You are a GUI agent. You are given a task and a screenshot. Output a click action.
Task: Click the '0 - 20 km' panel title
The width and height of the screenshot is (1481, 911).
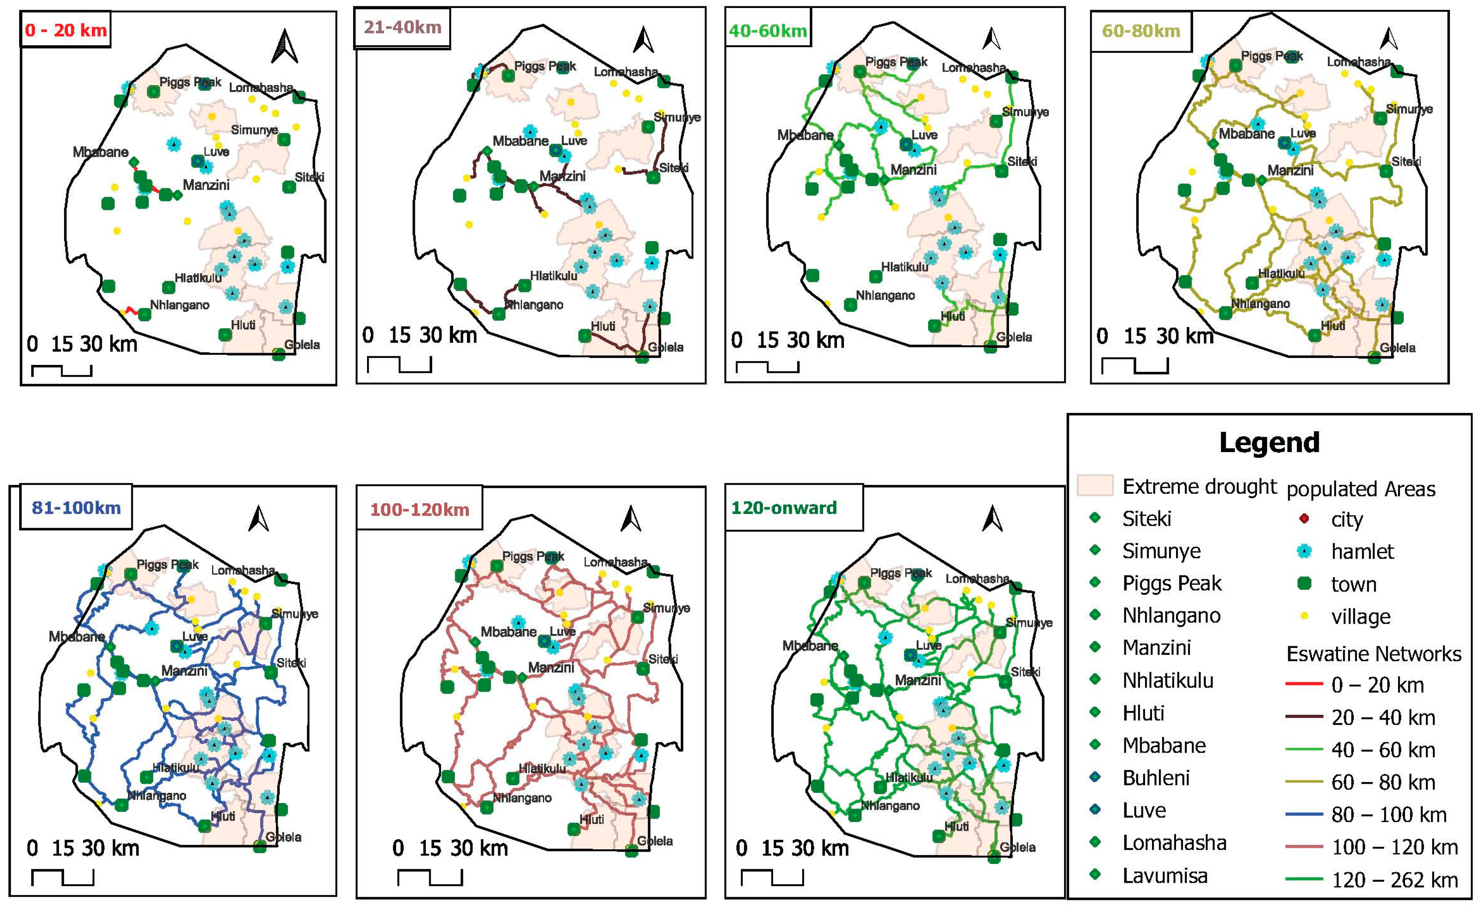click(x=66, y=30)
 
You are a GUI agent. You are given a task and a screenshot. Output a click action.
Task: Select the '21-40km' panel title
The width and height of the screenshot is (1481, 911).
click(x=403, y=27)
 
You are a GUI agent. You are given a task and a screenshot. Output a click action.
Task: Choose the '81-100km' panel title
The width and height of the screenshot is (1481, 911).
click(x=76, y=507)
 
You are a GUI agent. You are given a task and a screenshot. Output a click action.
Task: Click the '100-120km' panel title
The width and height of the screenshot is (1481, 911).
click(x=419, y=510)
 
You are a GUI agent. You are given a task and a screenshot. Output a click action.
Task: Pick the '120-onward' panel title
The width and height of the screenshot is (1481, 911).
click(x=784, y=508)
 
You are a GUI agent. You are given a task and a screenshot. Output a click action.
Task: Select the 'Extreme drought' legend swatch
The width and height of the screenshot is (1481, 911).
click(x=1095, y=485)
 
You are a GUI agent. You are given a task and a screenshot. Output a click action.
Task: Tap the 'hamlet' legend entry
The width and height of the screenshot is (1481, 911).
click(x=1362, y=551)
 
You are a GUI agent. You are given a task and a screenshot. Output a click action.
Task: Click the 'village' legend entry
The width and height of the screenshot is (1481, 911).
click(x=1360, y=617)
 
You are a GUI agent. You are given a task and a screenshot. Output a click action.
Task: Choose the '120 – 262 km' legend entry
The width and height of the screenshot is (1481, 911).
click(x=1394, y=880)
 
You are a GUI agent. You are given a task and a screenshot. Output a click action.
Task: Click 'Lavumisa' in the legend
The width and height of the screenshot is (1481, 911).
click(x=1164, y=875)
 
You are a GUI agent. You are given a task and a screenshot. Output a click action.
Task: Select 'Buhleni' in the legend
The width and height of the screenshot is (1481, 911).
click(x=1156, y=778)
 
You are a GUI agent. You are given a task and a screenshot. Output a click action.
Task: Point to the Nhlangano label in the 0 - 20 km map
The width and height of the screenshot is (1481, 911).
click(x=180, y=305)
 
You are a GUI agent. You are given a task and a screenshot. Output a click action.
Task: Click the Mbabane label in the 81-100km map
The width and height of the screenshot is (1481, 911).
click(x=77, y=636)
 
